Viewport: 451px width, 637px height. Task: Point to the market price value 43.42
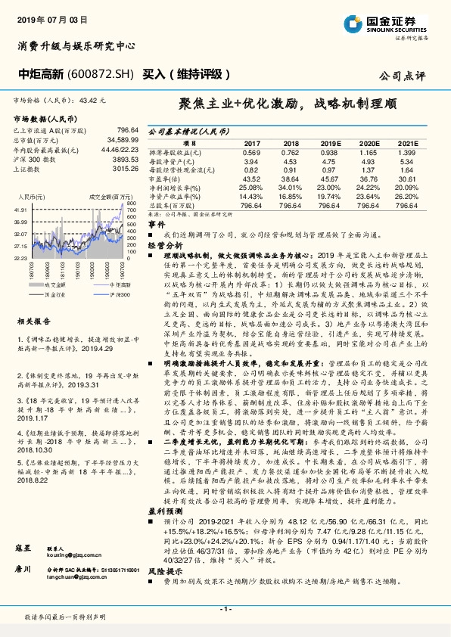(x=89, y=100)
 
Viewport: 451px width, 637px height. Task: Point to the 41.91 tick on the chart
(x=20, y=208)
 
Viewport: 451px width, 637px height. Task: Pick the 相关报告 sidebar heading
(x=34, y=300)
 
